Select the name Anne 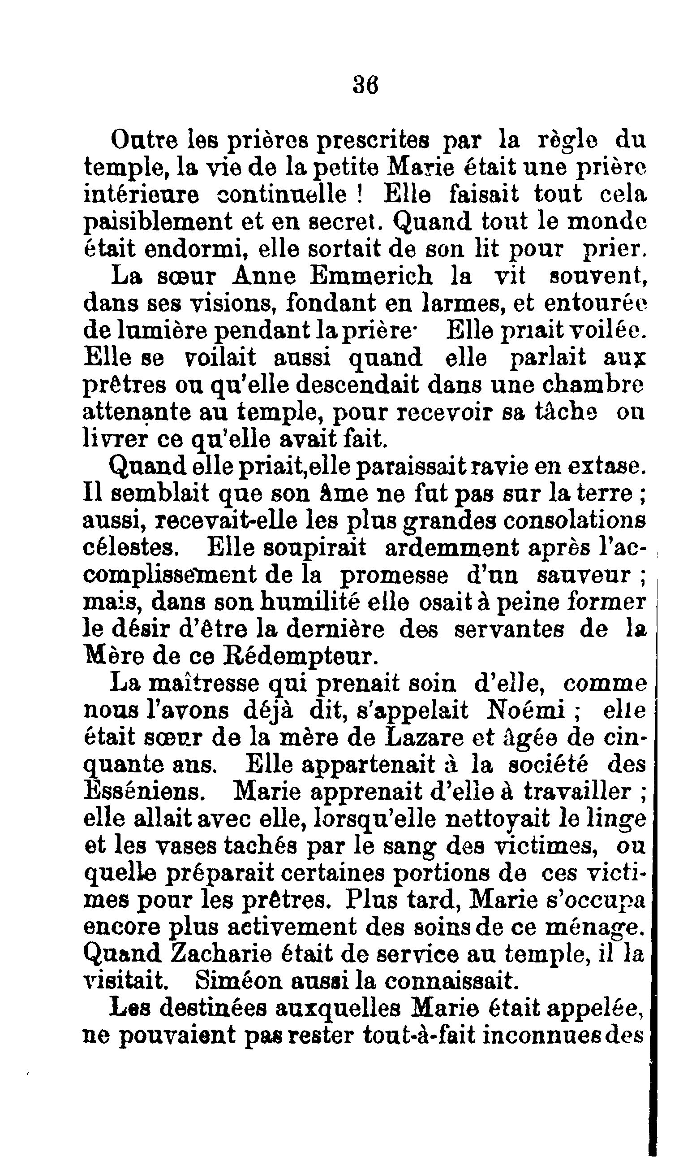pos(264,276)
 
